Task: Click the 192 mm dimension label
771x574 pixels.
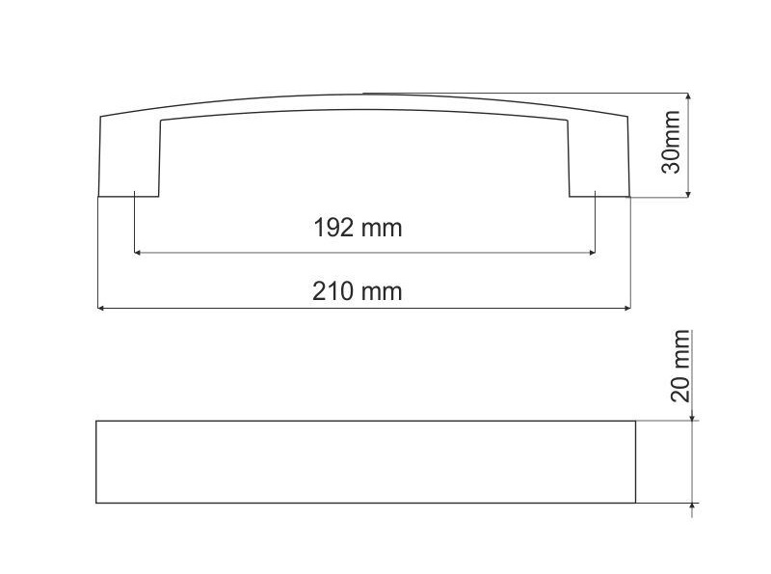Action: pos(358,228)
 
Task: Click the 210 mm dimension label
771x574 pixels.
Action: pos(357,291)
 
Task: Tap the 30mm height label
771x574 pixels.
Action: pos(671,142)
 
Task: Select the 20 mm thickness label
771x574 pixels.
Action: pos(680,366)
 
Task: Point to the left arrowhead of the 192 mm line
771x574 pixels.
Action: pos(138,253)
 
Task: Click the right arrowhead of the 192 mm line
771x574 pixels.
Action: pos(592,253)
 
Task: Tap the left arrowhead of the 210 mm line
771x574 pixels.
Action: pos(102,308)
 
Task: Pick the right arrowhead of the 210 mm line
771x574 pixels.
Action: pos(626,308)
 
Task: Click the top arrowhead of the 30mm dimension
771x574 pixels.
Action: pos(688,97)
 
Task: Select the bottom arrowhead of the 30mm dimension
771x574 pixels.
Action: pos(688,193)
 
